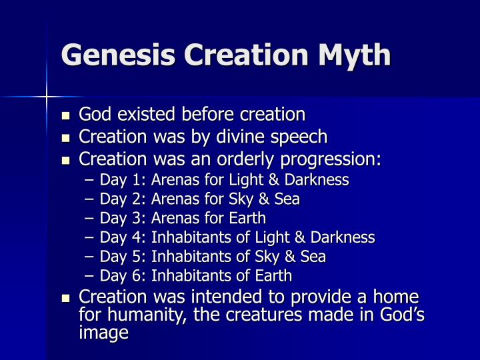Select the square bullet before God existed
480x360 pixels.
tap(65, 115)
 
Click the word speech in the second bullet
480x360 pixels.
tap(301, 137)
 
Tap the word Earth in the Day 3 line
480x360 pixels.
tap(248, 219)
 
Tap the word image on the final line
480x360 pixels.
tap(103, 333)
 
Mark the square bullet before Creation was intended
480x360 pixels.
tap(65, 297)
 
